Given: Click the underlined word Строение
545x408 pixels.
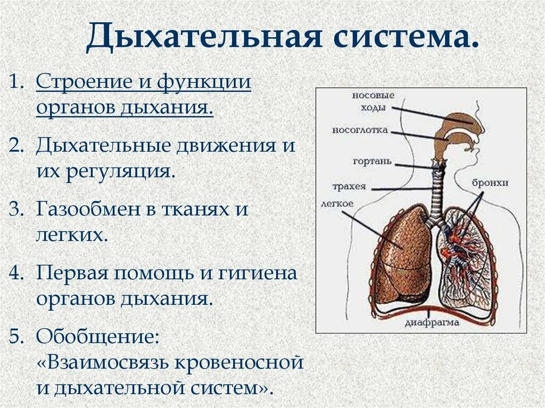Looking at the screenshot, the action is (x=85, y=84).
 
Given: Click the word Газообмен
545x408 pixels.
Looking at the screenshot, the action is (x=87, y=209).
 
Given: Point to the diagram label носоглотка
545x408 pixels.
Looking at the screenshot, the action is (x=360, y=130).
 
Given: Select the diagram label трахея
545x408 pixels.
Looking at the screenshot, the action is (x=349, y=186).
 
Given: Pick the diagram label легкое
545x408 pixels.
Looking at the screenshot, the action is (x=337, y=203).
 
